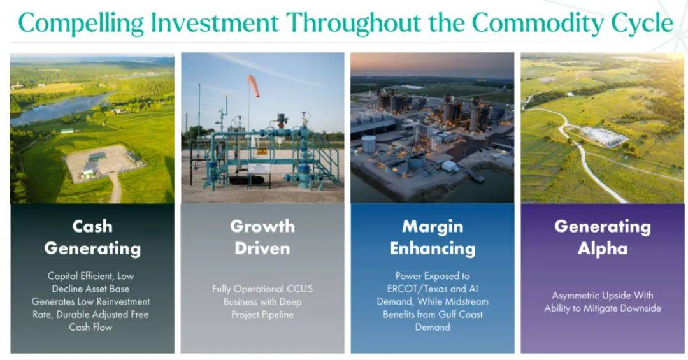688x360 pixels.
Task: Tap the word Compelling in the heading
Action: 81,24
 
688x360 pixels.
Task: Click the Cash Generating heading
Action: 92,238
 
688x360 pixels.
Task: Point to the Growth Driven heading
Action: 262,238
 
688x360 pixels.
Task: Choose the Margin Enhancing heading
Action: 433,238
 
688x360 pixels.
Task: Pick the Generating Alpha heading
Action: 603,238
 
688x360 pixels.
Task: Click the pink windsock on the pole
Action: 253,85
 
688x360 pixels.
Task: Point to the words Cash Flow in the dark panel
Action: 90,327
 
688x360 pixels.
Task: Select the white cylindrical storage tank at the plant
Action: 369,144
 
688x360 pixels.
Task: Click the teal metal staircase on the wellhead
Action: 325,162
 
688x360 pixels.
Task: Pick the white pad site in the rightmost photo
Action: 604,136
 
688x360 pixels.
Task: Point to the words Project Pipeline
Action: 262,315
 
